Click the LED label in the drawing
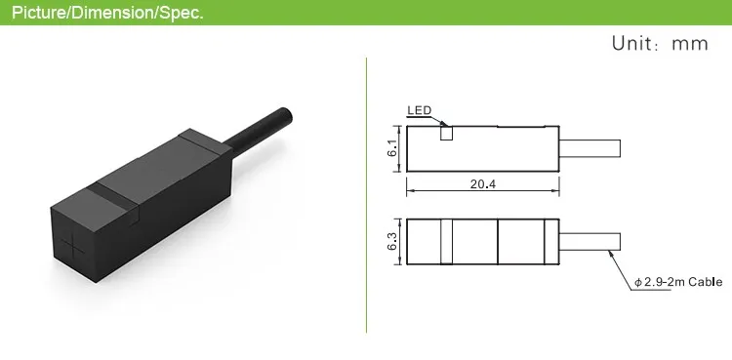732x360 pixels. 418,110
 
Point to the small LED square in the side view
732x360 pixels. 446,133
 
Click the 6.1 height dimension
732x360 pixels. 390,149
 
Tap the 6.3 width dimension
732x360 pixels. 390,241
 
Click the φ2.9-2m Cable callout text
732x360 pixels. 677,282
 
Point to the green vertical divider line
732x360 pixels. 366,195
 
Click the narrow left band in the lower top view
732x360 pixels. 447,241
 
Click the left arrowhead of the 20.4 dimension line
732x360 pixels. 410,191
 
